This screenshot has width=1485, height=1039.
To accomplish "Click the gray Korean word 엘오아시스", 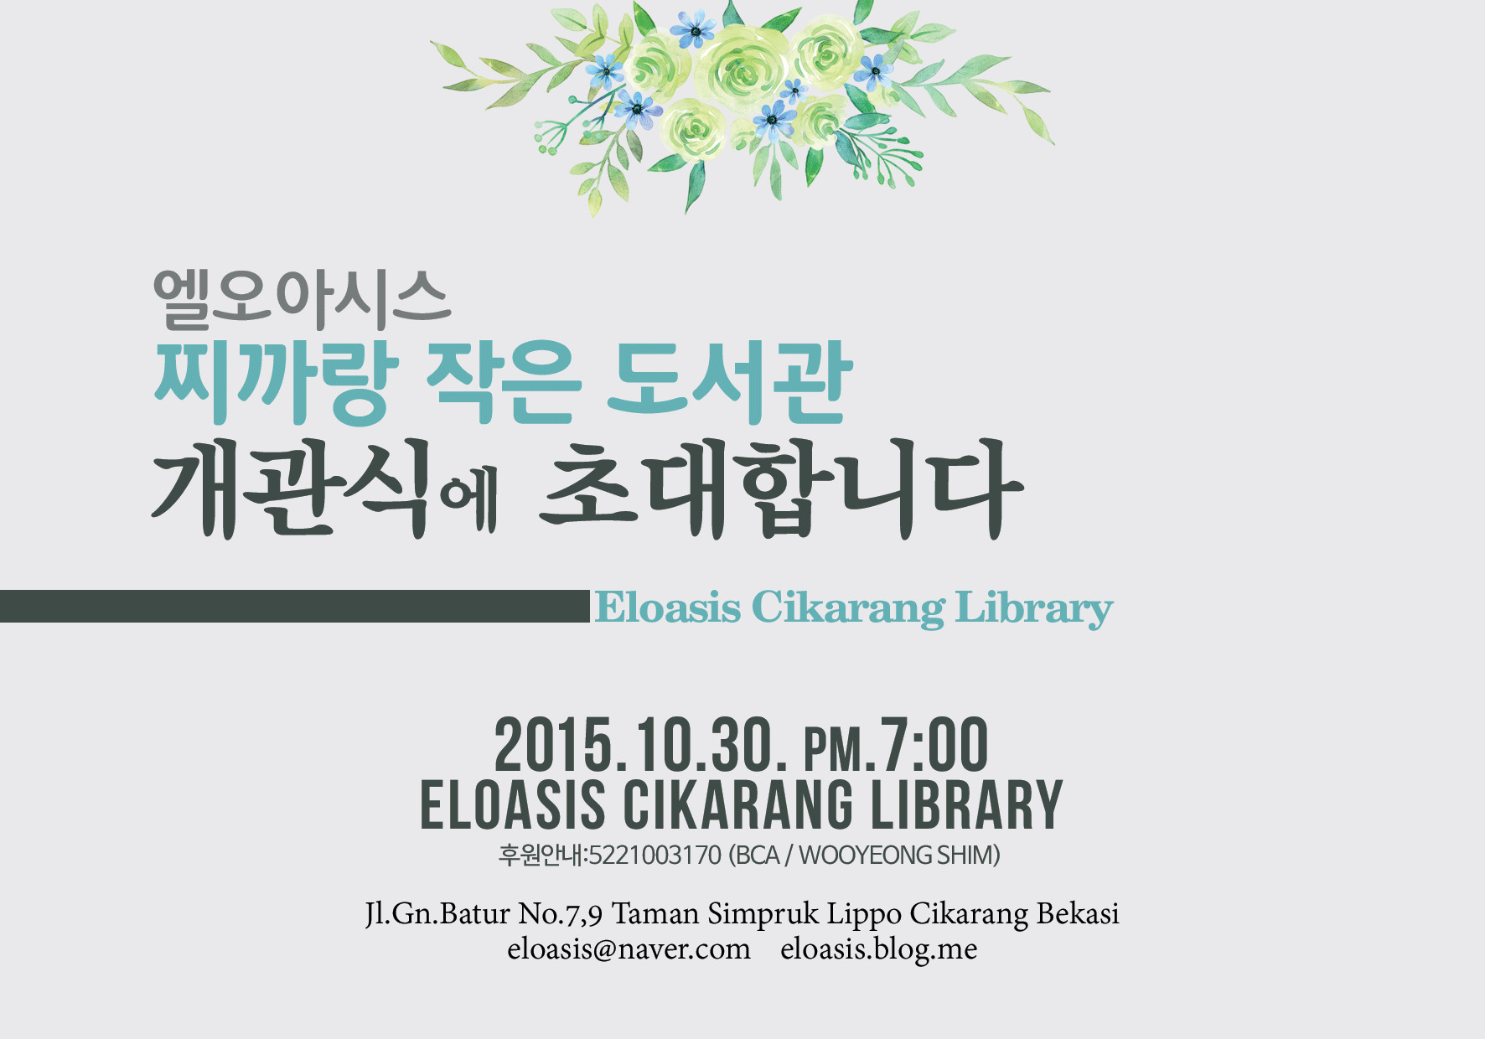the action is (302, 299).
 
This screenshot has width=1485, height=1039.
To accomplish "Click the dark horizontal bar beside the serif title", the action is (295, 606).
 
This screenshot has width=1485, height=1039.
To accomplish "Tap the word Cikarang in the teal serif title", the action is (848, 608).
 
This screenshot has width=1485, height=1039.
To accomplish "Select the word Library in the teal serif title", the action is (1034, 608).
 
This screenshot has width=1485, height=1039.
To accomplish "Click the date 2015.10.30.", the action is (640, 745).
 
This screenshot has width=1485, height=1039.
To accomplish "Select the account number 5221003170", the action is (655, 855).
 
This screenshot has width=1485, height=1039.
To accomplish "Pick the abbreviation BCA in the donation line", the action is (757, 855).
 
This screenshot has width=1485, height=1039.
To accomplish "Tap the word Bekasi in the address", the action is (1078, 913).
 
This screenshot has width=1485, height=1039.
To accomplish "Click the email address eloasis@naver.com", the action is (629, 949).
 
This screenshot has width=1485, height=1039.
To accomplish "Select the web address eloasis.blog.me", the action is (878, 949).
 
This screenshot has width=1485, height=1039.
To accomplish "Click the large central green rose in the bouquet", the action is (742, 67).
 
